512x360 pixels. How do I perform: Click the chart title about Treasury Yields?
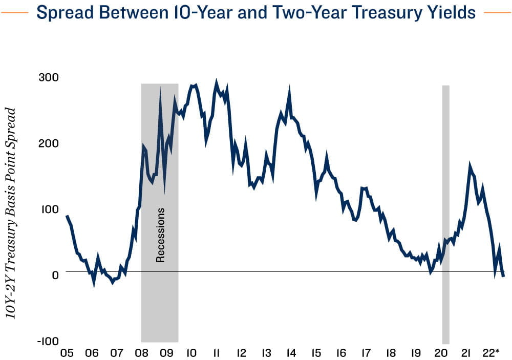pos(256,12)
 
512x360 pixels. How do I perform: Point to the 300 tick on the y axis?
pos(49,77)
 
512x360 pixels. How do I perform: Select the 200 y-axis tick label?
pos(49,143)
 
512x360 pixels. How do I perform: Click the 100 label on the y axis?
pos(49,209)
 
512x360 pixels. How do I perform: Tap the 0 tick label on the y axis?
pos(55,275)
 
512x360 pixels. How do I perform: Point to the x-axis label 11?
pos(216,353)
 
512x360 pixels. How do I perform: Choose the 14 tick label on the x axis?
pos(291,353)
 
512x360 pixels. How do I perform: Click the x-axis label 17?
pos(366,353)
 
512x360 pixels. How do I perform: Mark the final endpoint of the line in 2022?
pos(504,277)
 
